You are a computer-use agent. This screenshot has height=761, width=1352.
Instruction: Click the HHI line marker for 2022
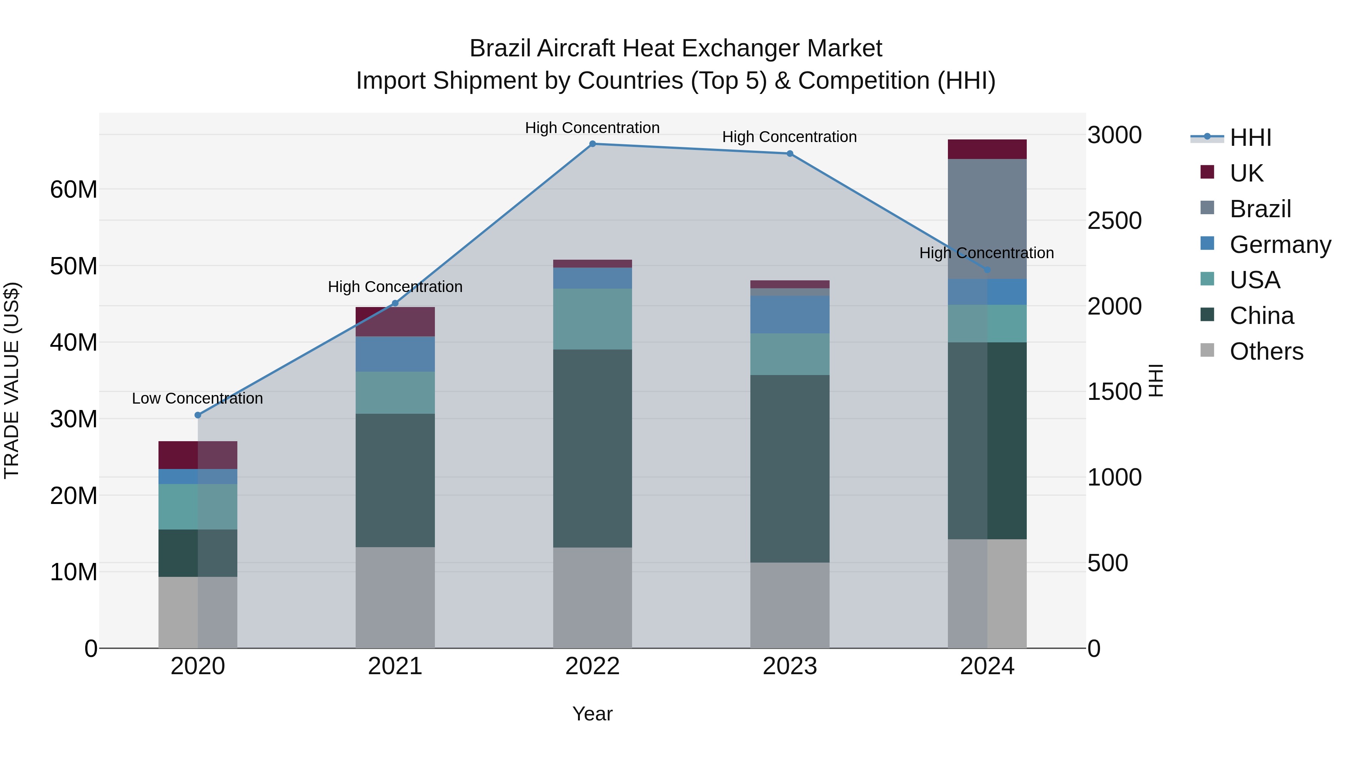pyautogui.click(x=593, y=144)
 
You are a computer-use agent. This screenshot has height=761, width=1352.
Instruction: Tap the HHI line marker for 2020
pyautogui.click(x=198, y=415)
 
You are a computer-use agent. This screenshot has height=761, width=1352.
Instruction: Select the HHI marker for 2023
pyautogui.click(x=790, y=153)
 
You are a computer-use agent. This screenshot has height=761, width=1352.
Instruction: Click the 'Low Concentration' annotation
pyautogui.click(x=197, y=399)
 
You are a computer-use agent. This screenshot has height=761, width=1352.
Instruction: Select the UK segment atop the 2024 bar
pyautogui.click(x=987, y=149)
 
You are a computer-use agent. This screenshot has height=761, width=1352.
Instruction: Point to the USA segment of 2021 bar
pyautogui.click(x=395, y=392)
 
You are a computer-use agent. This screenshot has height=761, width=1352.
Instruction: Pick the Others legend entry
pyautogui.click(x=1266, y=351)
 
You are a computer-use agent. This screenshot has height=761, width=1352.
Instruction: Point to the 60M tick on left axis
pyautogui.click(x=74, y=190)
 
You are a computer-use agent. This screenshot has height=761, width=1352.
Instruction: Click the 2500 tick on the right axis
pyautogui.click(x=1114, y=221)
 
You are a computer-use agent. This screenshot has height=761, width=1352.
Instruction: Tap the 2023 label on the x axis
pyautogui.click(x=790, y=666)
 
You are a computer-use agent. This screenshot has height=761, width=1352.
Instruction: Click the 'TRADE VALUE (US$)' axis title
pyautogui.click(x=12, y=380)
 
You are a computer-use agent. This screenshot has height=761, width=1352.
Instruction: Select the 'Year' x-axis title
pyautogui.click(x=593, y=714)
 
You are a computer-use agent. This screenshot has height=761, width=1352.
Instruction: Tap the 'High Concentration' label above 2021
pyautogui.click(x=395, y=287)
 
